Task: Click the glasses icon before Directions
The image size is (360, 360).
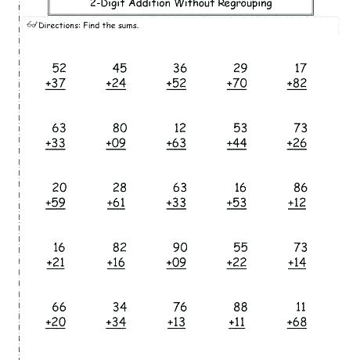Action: tap(31, 25)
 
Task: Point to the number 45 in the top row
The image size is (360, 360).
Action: tap(118, 68)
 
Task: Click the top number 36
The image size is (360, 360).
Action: tap(179, 68)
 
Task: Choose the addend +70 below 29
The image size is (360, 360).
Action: tap(236, 83)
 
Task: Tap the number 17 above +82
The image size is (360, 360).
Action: tap(301, 68)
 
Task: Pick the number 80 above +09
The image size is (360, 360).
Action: tap(118, 128)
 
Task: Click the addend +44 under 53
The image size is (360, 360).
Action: tap(236, 143)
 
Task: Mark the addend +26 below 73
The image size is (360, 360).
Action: tap(297, 143)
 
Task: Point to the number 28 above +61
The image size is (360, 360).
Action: tap(118, 189)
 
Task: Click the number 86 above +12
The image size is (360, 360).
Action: tap(300, 189)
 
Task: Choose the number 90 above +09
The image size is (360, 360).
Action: tap(179, 248)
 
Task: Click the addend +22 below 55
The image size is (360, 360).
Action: tap(236, 263)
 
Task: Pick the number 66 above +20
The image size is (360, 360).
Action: tap(58, 308)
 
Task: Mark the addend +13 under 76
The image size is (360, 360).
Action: tap(176, 322)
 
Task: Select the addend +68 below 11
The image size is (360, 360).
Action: tap(297, 322)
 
